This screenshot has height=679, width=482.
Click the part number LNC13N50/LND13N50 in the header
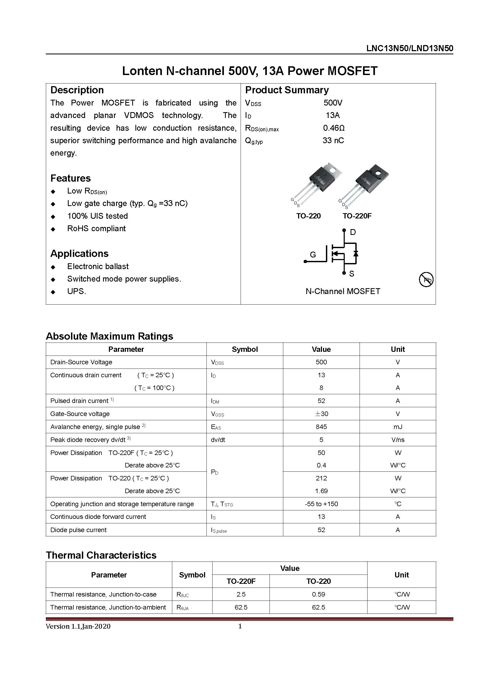tap(409, 49)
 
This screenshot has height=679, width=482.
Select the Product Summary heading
tap(287, 90)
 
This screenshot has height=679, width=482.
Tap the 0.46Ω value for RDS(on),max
tap(334, 128)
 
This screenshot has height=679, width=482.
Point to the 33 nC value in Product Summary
tap(333, 141)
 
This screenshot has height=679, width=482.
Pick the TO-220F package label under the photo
tap(357, 216)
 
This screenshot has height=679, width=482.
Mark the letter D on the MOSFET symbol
tap(353, 232)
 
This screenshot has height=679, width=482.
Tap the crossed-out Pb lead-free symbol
tap(426, 280)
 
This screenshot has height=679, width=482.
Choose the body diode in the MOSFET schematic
tap(356, 253)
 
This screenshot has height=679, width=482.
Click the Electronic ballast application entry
tap(98, 266)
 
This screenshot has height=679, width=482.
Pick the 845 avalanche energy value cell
tap(321, 427)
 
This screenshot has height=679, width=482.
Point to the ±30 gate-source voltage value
tap(321, 414)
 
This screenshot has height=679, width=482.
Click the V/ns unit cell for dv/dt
tap(397, 440)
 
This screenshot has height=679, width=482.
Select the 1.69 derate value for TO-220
tap(321, 491)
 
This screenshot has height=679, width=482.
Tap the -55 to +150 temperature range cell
tap(321, 504)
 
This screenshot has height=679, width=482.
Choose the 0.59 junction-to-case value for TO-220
tap(318, 594)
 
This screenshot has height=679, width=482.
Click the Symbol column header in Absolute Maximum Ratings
tap(245, 349)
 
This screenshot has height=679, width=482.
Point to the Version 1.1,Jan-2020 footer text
tap(78, 627)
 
